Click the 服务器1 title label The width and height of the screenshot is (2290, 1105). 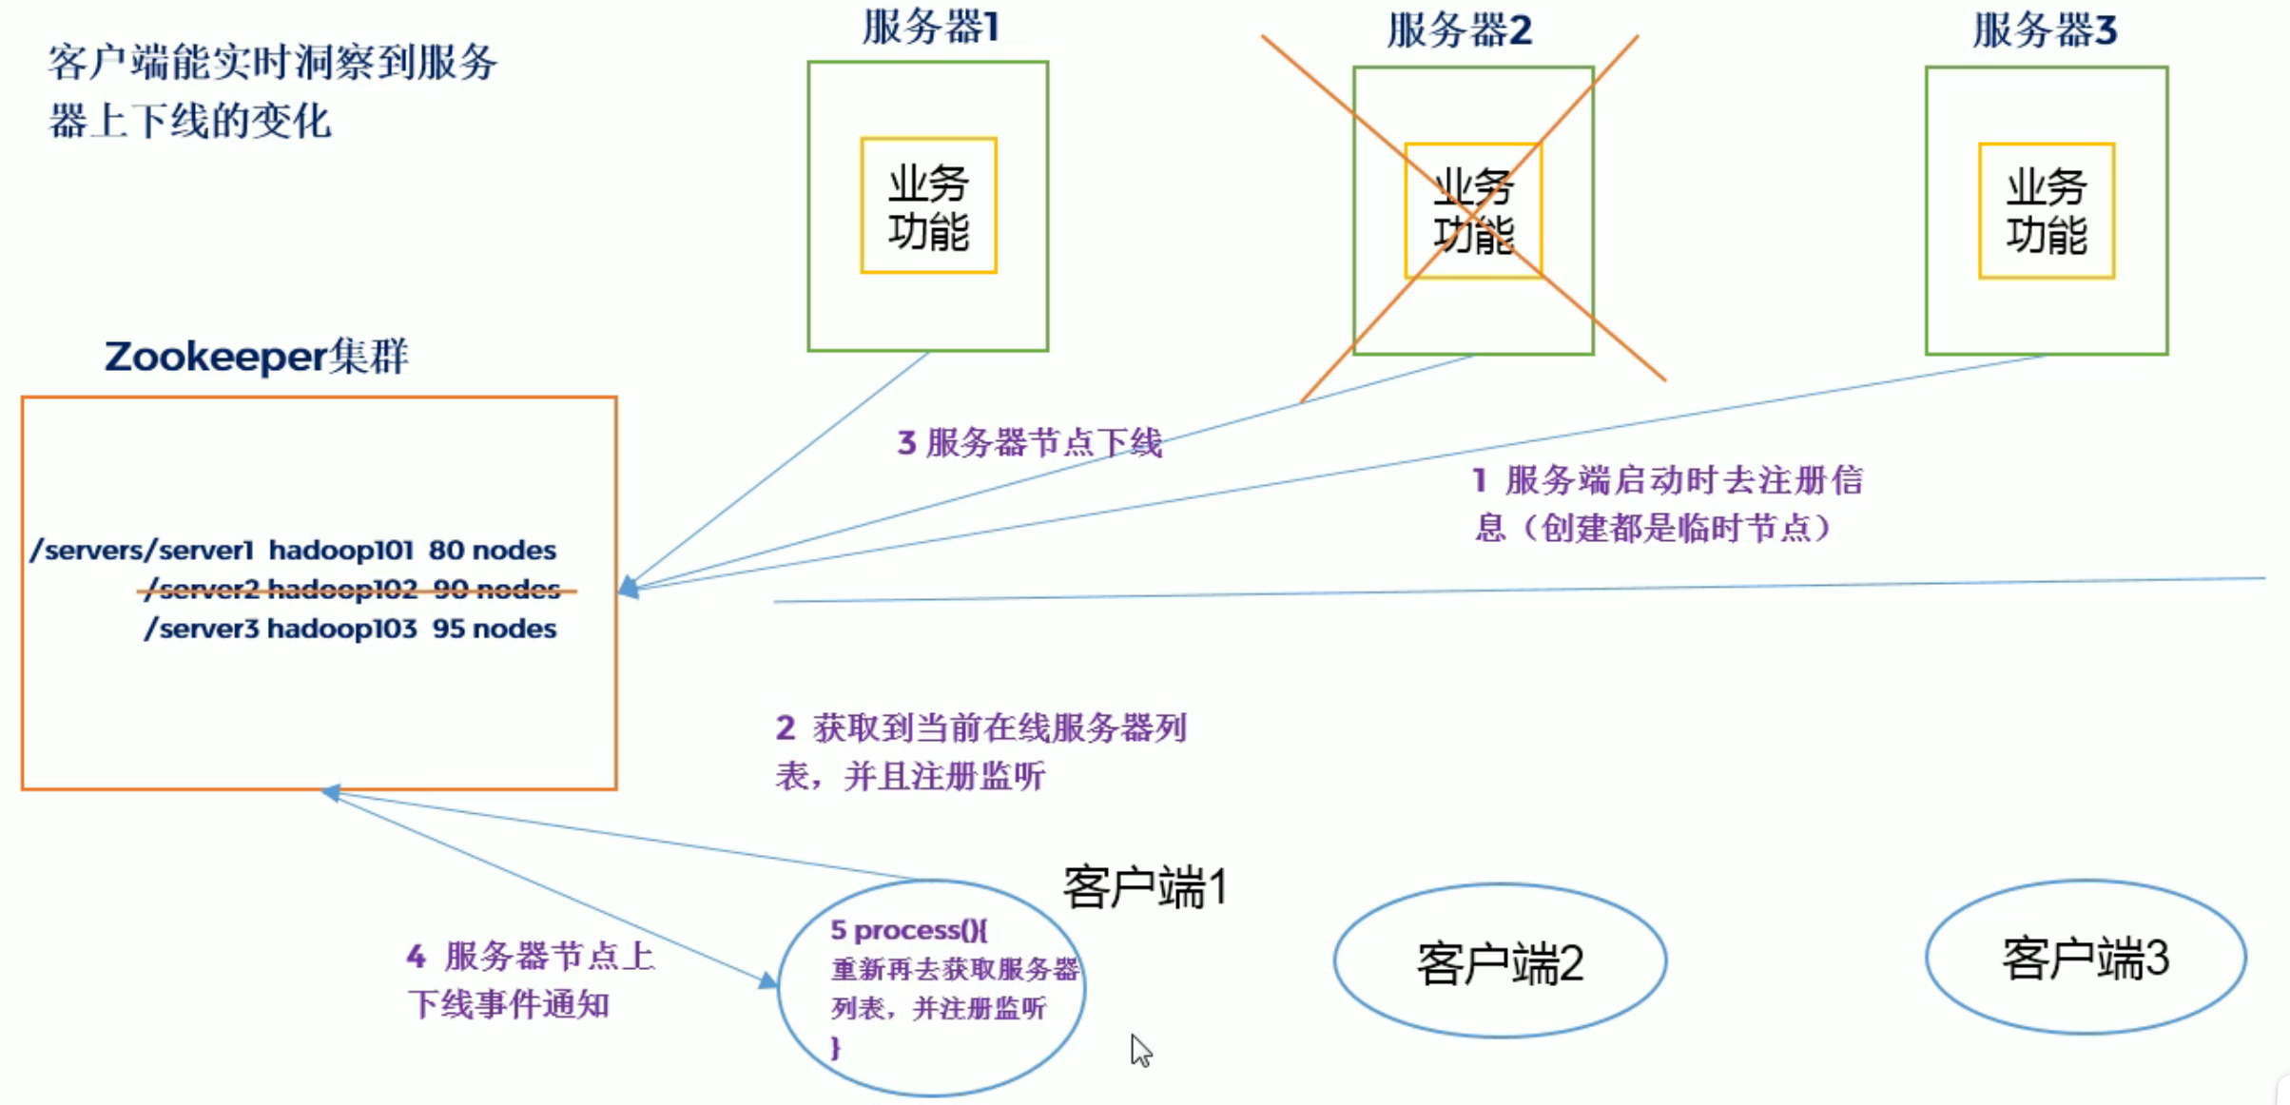click(x=930, y=28)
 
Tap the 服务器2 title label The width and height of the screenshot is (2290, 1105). click(x=1459, y=30)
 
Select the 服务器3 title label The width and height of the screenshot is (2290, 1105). click(x=2045, y=30)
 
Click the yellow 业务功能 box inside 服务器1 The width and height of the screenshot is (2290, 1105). click(x=928, y=206)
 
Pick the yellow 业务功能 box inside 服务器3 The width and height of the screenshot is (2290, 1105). click(x=2047, y=211)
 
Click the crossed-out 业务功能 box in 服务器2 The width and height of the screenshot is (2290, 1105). click(x=1473, y=211)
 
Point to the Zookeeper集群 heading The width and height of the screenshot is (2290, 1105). click(x=256, y=357)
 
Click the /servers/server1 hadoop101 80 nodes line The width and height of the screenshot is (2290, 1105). click(x=293, y=551)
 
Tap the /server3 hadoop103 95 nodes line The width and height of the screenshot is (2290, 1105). click(x=350, y=630)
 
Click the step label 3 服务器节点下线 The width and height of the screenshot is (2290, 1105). click(x=1030, y=442)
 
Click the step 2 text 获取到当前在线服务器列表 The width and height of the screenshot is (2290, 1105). click(x=980, y=752)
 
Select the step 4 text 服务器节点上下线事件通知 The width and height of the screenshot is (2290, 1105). click(x=531, y=979)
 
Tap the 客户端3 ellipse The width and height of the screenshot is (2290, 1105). click(x=2085, y=958)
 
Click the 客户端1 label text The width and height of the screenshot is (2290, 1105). click(x=1145, y=888)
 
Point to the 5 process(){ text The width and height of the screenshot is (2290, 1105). click(x=909, y=930)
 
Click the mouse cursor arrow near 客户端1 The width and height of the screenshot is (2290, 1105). click(x=1140, y=1050)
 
